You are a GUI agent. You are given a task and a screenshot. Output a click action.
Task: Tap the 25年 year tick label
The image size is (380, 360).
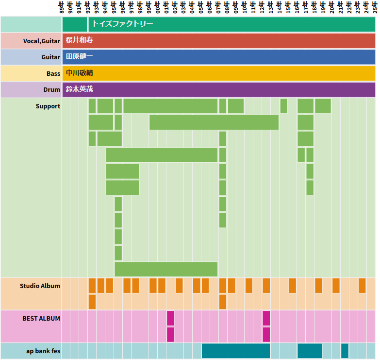(x=375, y=7)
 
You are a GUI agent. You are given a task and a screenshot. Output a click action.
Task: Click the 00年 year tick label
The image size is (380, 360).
(x=158, y=7)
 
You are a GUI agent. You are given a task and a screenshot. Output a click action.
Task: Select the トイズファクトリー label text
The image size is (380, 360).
(x=123, y=24)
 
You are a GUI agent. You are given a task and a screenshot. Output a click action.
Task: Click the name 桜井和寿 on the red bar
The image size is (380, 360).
(x=79, y=40)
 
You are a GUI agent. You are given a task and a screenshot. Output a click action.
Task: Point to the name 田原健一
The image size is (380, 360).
(x=79, y=57)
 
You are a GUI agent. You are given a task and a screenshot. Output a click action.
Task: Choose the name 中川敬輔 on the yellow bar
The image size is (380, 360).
(x=79, y=73)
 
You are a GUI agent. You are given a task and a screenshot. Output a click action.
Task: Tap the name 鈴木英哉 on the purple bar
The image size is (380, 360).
(x=79, y=90)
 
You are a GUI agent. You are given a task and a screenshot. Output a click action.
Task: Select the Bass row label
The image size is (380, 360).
(x=53, y=73)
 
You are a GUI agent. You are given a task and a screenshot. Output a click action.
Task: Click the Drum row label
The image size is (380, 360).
(x=52, y=90)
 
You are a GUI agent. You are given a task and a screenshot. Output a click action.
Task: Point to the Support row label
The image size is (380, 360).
(x=48, y=106)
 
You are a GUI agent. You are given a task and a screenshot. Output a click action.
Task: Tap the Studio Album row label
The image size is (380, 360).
(x=40, y=286)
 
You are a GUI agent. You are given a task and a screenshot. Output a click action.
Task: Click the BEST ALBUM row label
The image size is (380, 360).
(x=41, y=318)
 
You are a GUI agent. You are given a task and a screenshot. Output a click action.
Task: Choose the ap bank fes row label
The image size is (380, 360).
(x=43, y=351)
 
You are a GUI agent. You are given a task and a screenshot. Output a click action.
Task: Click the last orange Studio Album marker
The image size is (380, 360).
(x=362, y=286)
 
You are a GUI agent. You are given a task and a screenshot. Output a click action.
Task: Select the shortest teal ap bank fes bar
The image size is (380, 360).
(x=345, y=351)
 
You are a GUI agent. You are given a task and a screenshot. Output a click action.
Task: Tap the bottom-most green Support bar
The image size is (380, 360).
(x=166, y=269)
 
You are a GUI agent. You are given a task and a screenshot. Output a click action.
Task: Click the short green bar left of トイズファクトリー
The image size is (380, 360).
(x=75, y=24)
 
